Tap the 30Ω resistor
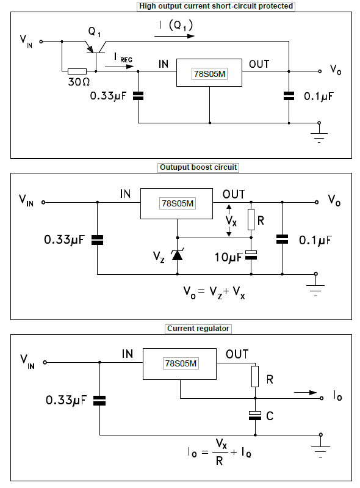click(x=77, y=71)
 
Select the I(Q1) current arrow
click(x=175, y=36)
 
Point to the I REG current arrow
click(x=120, y=67)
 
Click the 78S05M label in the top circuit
click(x=209, y=74)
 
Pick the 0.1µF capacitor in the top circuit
click(x=289, y=96)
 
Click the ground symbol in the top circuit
click(x=319, y=134)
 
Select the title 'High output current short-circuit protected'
click(x=216, y=6)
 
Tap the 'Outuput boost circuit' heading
click(x=198, y=167)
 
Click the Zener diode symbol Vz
click(x=177, y=255)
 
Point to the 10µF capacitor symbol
click(x=251, y=255)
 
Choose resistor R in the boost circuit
click(x=251, y=219)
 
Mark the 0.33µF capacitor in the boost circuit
click(x=97, y=240)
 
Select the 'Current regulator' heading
click(x=198, y=329)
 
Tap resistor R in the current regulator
click(x=255, y=377)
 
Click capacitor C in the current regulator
click(x=255, y=416)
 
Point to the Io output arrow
click(x=305, y=393)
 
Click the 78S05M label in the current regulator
click(x=181, y=363)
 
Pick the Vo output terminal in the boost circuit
click(x=317, y=202)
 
